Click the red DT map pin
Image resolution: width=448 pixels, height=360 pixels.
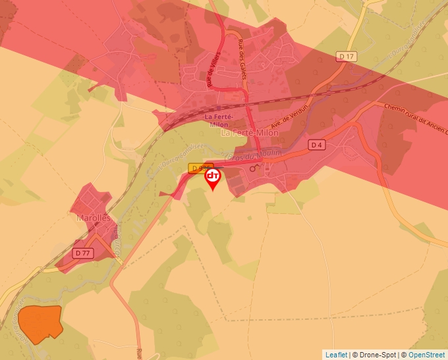(213, 177)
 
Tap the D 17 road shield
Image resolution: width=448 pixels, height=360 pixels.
(347, 57)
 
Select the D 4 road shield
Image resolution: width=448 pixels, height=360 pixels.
(317, 144)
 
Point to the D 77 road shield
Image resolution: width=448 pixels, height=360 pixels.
(82, 253)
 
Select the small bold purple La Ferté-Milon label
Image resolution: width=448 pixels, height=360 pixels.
(222, 118)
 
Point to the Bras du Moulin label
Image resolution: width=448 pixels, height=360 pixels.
(258, 154)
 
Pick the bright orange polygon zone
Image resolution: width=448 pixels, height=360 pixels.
(39, 323)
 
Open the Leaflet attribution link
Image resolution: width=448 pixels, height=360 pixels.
(336, 355)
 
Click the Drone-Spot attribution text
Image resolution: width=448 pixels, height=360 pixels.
(376, 355)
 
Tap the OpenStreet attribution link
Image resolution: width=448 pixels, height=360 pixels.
(427, 355)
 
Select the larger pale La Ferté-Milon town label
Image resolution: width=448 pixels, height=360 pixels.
(250, 132)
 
